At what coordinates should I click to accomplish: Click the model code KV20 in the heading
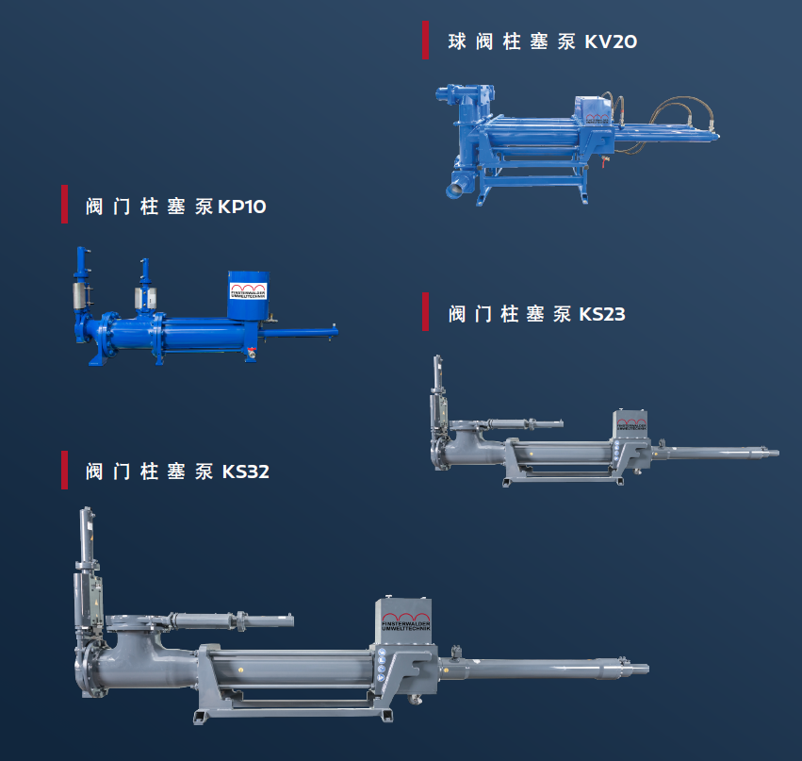611,41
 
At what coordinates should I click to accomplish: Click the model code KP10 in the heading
242,207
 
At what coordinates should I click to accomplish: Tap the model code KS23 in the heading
602,314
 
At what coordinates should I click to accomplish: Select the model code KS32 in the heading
246,471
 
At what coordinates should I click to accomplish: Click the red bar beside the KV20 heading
426,41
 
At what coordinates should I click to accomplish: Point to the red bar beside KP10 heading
64,205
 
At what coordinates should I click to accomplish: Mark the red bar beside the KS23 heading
426,312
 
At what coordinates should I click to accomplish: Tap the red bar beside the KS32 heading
64,470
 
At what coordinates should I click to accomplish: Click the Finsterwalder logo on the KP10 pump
248,290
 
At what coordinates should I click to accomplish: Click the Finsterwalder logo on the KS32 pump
406,621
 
